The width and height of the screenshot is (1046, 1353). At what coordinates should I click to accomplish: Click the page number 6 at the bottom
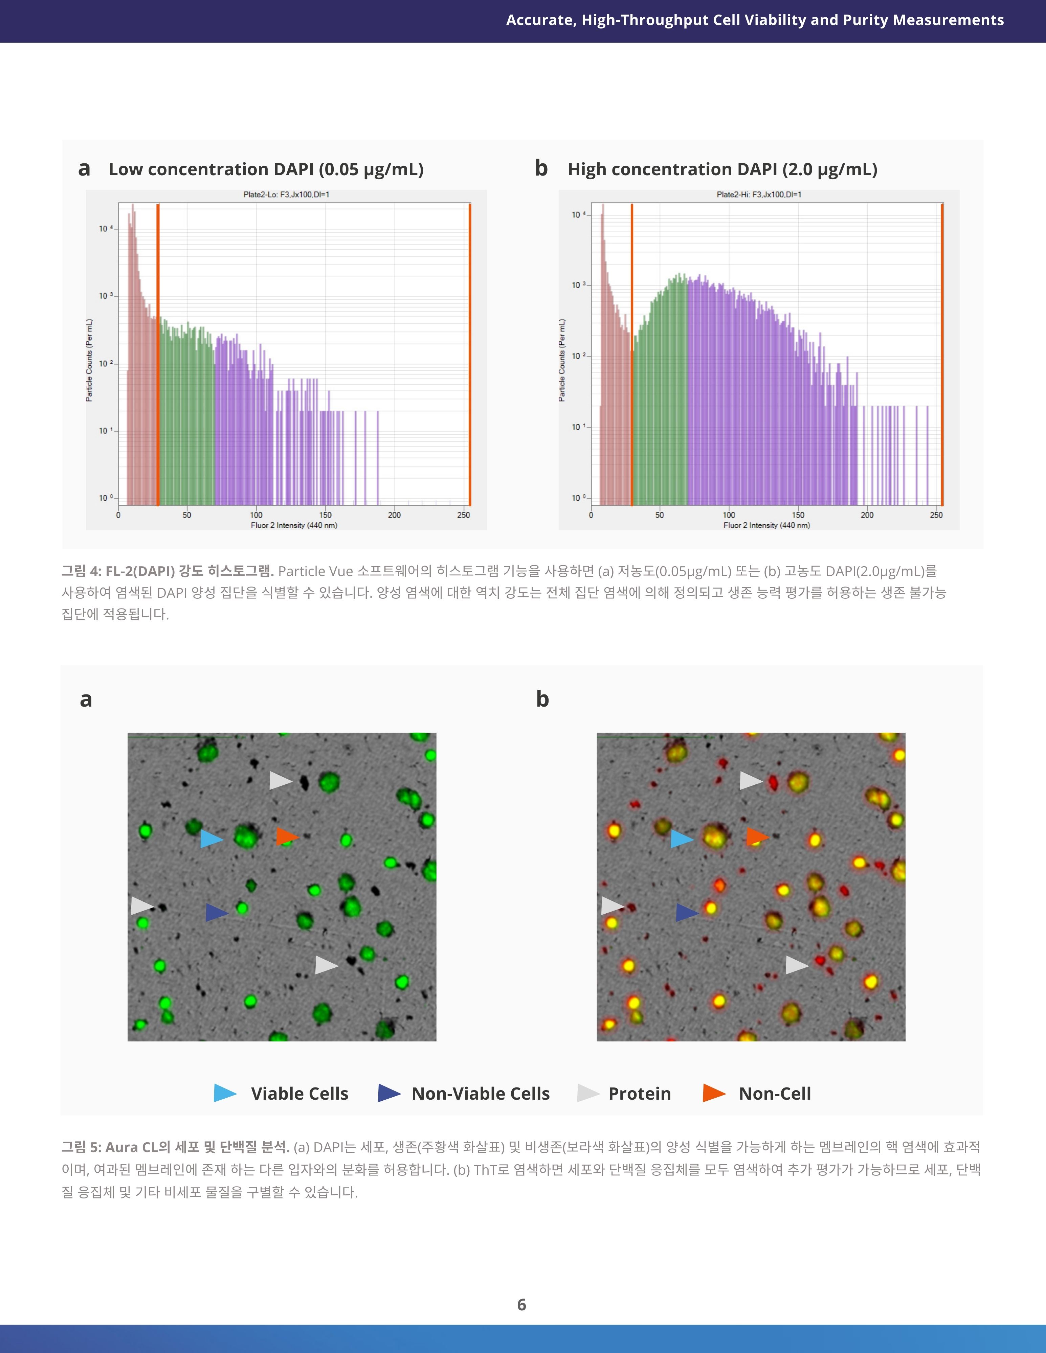522,1305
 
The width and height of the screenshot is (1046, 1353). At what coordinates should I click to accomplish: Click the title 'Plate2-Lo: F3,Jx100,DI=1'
286,194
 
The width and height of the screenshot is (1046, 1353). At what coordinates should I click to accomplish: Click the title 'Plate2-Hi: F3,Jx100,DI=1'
759,194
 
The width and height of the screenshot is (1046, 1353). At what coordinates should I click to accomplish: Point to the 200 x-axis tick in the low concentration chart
394,515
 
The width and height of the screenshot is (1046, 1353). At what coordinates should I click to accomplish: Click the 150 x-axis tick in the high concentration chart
798,515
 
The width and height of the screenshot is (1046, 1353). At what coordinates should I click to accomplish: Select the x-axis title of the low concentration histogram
294,525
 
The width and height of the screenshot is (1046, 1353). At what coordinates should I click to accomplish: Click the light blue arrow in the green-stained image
211,839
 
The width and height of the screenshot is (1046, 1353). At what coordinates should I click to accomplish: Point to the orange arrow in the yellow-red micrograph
757,837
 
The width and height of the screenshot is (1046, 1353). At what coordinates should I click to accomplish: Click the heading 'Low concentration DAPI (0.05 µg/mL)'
266,169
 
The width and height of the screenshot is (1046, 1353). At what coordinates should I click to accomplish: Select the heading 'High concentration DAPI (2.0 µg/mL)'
722,169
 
